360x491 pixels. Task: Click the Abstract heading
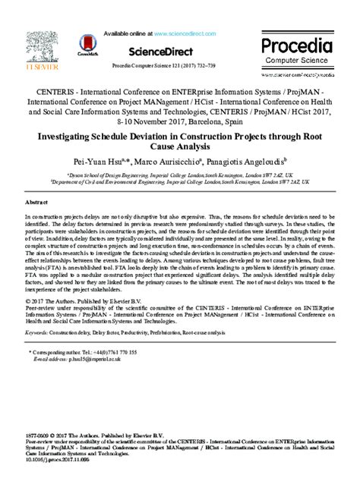(x=36, y=203)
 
